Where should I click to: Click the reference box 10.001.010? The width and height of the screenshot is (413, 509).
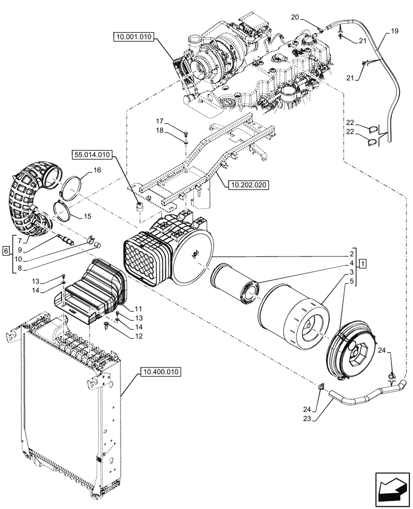134,37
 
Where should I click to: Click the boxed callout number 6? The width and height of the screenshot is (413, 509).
6,250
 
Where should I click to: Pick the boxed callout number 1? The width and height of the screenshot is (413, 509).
362,263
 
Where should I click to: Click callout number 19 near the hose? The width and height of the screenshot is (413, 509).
395,32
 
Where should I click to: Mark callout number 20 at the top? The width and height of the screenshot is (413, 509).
295,17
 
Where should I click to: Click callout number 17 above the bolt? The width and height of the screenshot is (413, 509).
160,121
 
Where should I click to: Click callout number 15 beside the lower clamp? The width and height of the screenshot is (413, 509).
87,216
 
